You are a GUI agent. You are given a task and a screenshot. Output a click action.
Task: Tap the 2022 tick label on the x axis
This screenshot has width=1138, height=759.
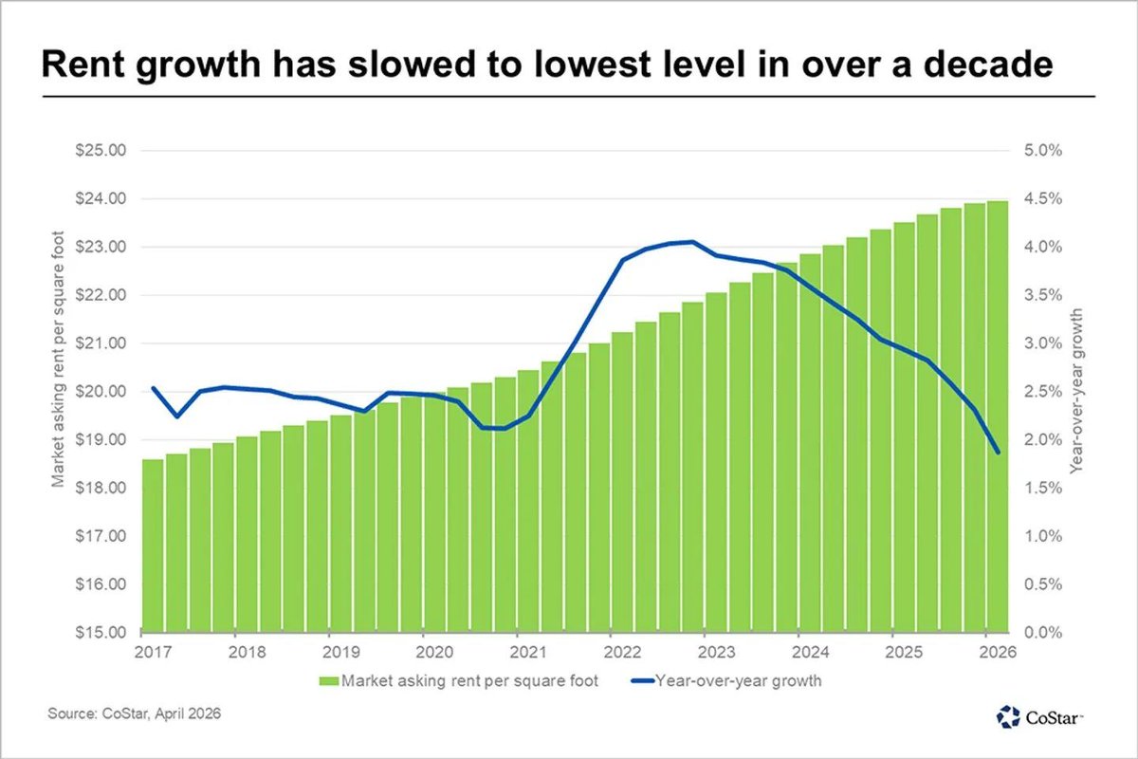click(x=621, y=653)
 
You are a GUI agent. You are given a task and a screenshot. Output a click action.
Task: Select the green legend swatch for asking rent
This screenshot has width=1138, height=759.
click(x=328, y=680)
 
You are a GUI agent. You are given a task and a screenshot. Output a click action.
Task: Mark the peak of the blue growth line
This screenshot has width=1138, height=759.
click(x=692, y=242)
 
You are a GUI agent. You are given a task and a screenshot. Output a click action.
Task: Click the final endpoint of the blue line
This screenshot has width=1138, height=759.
click(x=998, y=453)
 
